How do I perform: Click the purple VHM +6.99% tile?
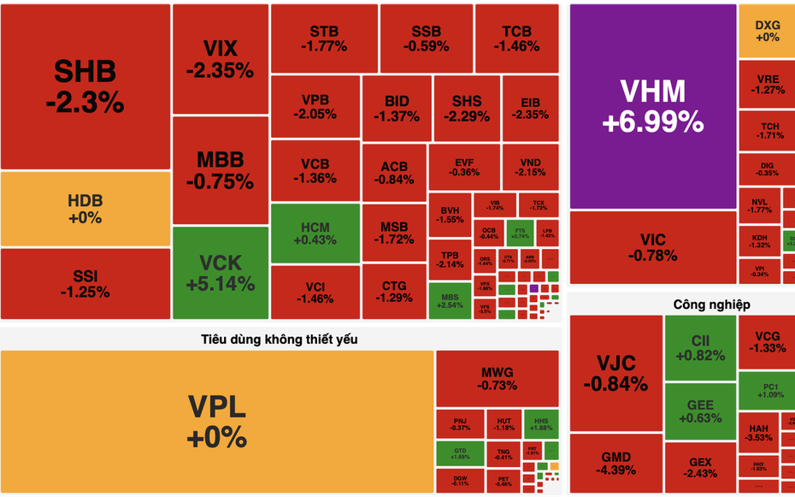pos(652,106)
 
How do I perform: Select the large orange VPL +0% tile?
pos(216,421)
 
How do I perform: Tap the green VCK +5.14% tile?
pos(220,272)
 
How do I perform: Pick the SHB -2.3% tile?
pos(85,86)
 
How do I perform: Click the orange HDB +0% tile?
pos(85,209)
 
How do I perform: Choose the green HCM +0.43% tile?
pos(315,233)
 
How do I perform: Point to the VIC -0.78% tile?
pos(652,247)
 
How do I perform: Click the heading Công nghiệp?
pos(711,304)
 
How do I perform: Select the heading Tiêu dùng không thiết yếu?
pos(280,339)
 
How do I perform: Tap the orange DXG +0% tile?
pos(767,31)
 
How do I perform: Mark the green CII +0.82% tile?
pos(700,347)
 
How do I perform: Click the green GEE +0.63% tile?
pos(700,411)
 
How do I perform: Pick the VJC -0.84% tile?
pos(616,373)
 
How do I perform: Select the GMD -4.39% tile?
pos(615,464)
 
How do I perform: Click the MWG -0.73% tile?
pos(498,378)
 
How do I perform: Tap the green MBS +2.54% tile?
pos(450,299)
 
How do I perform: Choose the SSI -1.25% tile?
pos(85,283)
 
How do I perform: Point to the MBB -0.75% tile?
pos(220,170)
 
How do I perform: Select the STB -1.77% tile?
pos(324,38)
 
